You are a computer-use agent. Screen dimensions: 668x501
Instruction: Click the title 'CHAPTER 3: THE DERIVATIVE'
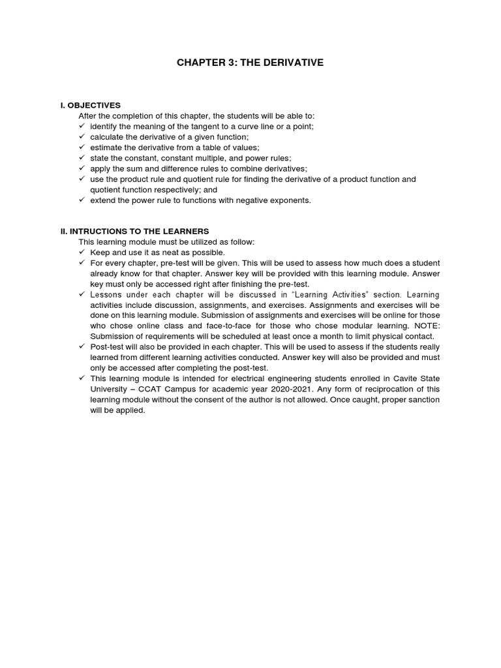pos(250,63)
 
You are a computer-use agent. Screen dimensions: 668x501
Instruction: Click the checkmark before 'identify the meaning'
pos(82,126)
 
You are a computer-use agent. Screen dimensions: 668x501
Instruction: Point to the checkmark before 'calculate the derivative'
pos(82,136)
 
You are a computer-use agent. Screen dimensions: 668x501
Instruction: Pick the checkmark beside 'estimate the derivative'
pos(82,147)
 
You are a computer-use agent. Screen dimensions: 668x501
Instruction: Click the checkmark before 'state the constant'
pos(82,158)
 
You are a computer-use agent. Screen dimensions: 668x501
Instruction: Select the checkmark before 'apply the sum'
pos(82,168)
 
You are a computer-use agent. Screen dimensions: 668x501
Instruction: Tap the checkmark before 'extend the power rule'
pos(82,200)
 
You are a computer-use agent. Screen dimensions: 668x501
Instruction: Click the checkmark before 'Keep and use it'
pos(82,252)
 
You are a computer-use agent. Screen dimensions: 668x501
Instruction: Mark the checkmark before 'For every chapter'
pos(82,262)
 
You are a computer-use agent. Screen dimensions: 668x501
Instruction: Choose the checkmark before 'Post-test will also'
pos(82,346)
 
